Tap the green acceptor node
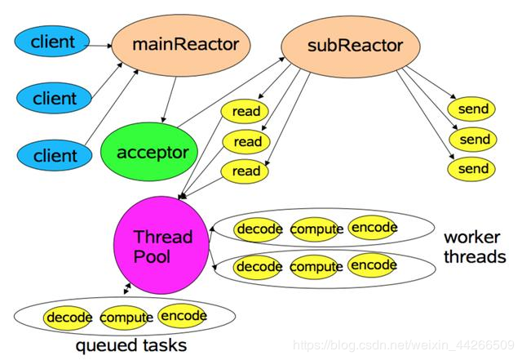pyautogui.click(x=153, y=153)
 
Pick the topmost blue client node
pyautogui.click(x=53, y=40)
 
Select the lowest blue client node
pyautogui.click(x=53, y=153)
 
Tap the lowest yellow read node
pyautogui.click(x=246, y=171)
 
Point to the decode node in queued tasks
pyautogui.click(x=69, y=317)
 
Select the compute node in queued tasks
pyautogui.click(x=126, y=317)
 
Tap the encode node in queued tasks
pyautogui.click(x=184, y=316)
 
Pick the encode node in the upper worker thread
pyautogui.click(x=373, y=227)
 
